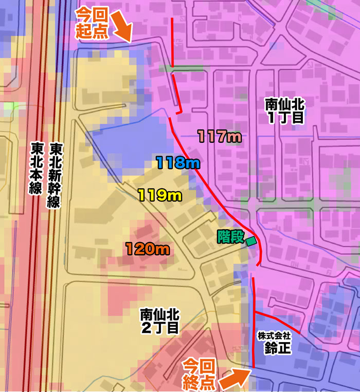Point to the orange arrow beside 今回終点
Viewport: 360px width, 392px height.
click(235, 378)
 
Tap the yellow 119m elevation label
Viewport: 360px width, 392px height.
click(159, 195)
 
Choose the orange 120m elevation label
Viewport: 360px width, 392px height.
click(148, 250)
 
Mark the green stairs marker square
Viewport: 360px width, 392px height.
click(251, 240)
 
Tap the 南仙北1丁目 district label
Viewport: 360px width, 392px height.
click(285, 111)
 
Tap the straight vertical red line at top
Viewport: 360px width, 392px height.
click(172, 44)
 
